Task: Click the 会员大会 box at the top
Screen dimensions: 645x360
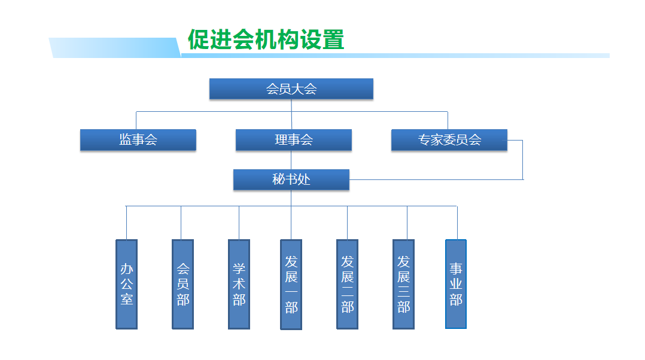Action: click(x=291, y=89)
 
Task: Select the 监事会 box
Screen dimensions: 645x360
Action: click(x=138, y=140)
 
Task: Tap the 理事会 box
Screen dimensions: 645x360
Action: click(x=294, y=140)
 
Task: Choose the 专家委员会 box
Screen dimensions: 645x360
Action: click(x=449, y=140)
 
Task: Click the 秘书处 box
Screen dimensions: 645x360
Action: click(x=291, y=179)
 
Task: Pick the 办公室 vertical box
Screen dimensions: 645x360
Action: click(x=127, y=285)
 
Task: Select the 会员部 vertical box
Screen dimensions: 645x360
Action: click(x=182, y=285)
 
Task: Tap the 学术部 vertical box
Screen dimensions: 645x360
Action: click(x=239, y=285)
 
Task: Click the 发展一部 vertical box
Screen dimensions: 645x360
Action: click(x=291, y=285)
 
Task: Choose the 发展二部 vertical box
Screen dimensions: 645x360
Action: click(x=347, y=285)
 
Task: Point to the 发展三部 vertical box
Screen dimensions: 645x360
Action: click(x=403, y=285)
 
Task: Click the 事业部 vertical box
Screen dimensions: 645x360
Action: click(x=456, y=285)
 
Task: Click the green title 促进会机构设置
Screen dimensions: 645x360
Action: click(x=266, y=39)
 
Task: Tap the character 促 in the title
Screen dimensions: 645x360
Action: click(x=199, y=39)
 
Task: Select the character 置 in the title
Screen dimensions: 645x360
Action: click(x=333, y=39)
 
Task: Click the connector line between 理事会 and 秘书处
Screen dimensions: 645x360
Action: click(x=291, y=160)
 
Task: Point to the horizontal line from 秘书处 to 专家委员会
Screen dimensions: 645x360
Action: click(x=436, y=179)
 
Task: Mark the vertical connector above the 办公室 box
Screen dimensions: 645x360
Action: click(x=126, y=222)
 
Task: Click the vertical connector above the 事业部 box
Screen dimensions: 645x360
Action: click(x=457, y=222)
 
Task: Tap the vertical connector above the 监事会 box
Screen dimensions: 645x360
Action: click(x=136, y=120)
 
